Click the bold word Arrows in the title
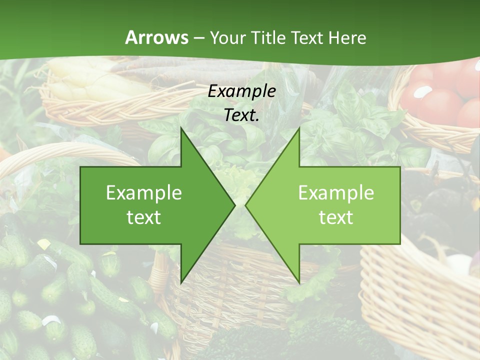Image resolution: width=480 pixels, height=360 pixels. [x=156, y=37]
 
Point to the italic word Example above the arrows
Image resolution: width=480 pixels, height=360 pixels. [x=241, y=91]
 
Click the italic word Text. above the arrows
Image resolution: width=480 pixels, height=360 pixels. [x=241, y=115]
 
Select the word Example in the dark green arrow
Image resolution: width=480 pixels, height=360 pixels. [x=144, y=193]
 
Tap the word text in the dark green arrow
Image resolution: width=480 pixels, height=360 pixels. [x=144, y=217]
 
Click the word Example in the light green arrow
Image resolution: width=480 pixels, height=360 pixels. [x=336, y=193]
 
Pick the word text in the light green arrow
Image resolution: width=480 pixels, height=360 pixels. [x=336, y=217]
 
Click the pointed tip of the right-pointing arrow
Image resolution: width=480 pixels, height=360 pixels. [x=235, y=205]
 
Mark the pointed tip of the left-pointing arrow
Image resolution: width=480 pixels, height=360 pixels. [x=245, y=205]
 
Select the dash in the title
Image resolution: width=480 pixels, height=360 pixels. [x=198, y=38]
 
